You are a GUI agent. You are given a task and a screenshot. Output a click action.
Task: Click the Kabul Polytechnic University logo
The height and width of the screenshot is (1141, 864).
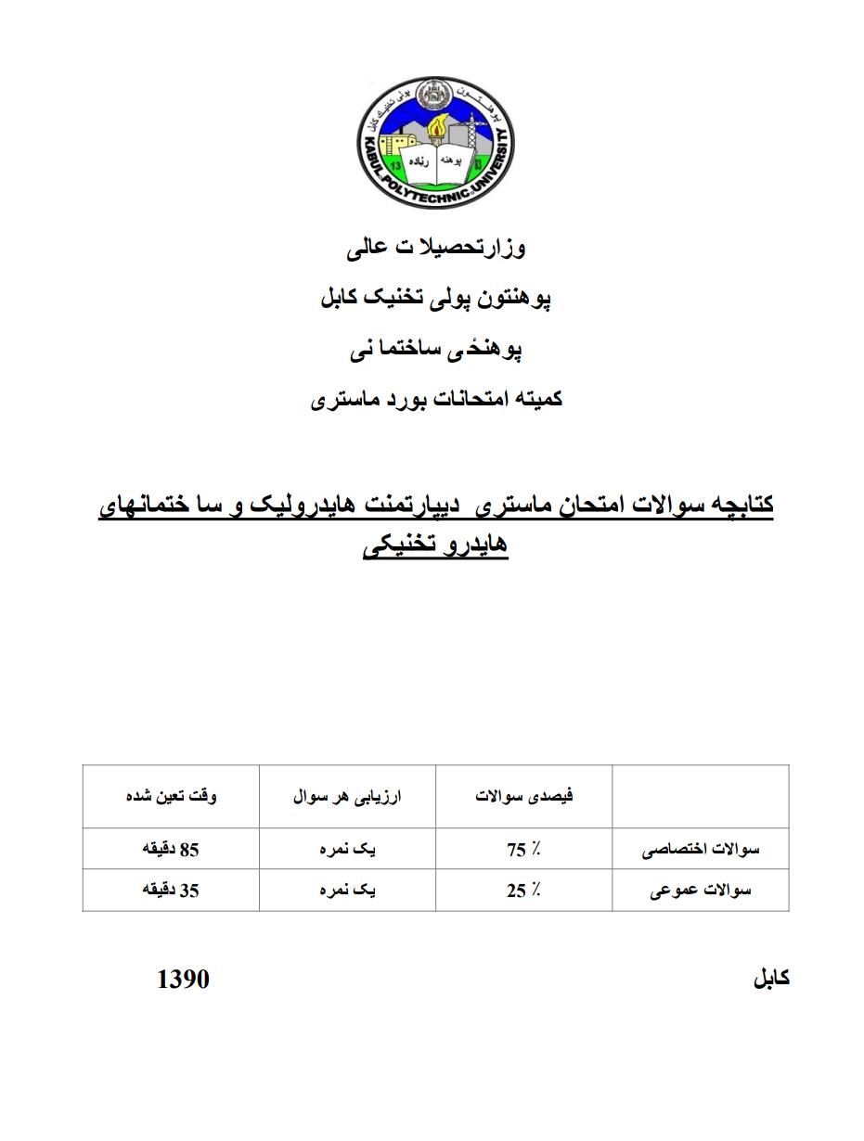(434, 143)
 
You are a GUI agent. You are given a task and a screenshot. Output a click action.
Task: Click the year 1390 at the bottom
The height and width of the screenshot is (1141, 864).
(184, 980)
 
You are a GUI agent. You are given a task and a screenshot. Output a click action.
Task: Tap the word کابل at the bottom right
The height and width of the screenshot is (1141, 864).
(770, 980)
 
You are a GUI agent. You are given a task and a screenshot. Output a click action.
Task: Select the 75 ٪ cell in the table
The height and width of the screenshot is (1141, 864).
(524, 850)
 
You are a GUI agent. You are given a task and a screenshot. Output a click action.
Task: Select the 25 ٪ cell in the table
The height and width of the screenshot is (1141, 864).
(524, 891)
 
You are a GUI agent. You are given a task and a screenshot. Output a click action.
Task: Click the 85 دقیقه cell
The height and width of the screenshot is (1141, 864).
(171, 850)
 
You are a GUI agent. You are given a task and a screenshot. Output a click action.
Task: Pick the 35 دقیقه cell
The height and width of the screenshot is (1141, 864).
(171, 891)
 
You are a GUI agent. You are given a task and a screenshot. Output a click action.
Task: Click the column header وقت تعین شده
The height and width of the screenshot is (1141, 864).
(172, 797)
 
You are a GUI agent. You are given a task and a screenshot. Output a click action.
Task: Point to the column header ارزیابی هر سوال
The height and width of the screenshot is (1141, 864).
(347, 797)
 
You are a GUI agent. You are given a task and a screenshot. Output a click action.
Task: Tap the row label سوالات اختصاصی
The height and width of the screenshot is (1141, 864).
(702, 850)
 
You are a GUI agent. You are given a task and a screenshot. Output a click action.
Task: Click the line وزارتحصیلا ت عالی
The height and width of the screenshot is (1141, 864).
(434, 249)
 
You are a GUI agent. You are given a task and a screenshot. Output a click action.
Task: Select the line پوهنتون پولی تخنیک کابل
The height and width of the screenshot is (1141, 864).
(434, 299)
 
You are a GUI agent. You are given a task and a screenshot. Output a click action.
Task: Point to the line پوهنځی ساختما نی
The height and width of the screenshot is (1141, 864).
(434, 350)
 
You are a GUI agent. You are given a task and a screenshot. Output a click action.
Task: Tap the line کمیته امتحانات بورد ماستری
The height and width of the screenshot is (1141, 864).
(434, 400)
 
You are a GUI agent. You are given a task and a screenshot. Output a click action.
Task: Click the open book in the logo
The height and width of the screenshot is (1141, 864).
(436, 154)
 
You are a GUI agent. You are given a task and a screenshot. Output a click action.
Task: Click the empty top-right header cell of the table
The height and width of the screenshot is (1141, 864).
(701, 797)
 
